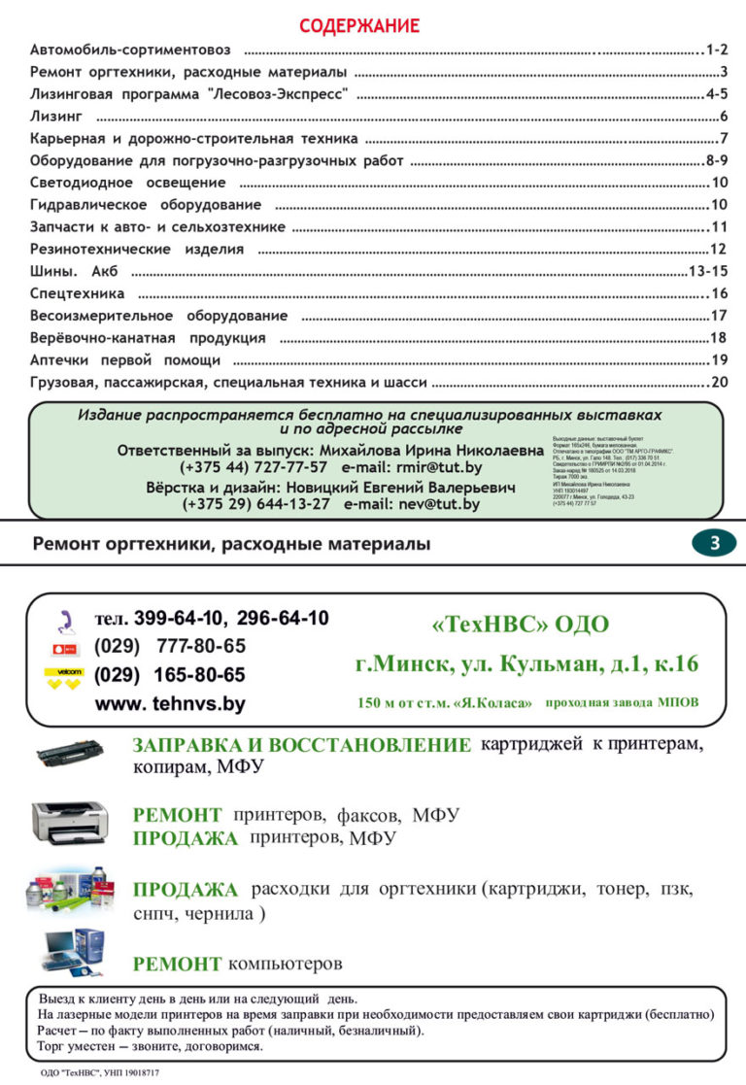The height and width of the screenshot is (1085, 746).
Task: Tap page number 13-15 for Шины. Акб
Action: point(707,271)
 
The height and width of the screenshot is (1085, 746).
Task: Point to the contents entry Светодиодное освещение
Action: point(127,183)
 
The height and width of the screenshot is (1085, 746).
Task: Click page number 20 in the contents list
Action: point(719,382)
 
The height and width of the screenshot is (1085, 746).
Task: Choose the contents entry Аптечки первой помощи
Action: point(125,359)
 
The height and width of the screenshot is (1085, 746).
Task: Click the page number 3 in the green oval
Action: point(715,544)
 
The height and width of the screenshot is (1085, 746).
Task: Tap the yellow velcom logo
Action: point(64,678)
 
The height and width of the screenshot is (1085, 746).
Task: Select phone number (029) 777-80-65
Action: point(170,646)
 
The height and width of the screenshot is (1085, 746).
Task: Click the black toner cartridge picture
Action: point(70,753)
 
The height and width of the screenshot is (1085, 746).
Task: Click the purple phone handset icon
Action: point(66,620)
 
